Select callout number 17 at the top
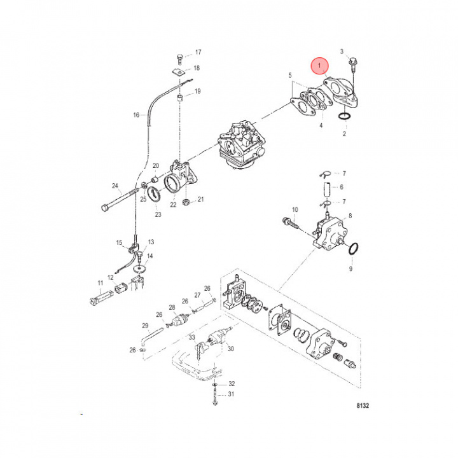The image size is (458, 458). [x=197, y=52]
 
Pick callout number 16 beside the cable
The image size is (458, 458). [x=135, y=115]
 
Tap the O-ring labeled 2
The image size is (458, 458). [x=343, y=116]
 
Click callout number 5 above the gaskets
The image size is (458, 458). [x=290, y=76]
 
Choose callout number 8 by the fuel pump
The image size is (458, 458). [x=350, y=216]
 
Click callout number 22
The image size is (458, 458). [x=172, y=205]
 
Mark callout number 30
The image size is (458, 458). [x=231, y=349]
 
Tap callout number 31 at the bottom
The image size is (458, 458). [x=232, y=394]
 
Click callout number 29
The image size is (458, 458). [x=145, y=326]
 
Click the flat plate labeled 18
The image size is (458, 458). [x=179, y=73]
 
